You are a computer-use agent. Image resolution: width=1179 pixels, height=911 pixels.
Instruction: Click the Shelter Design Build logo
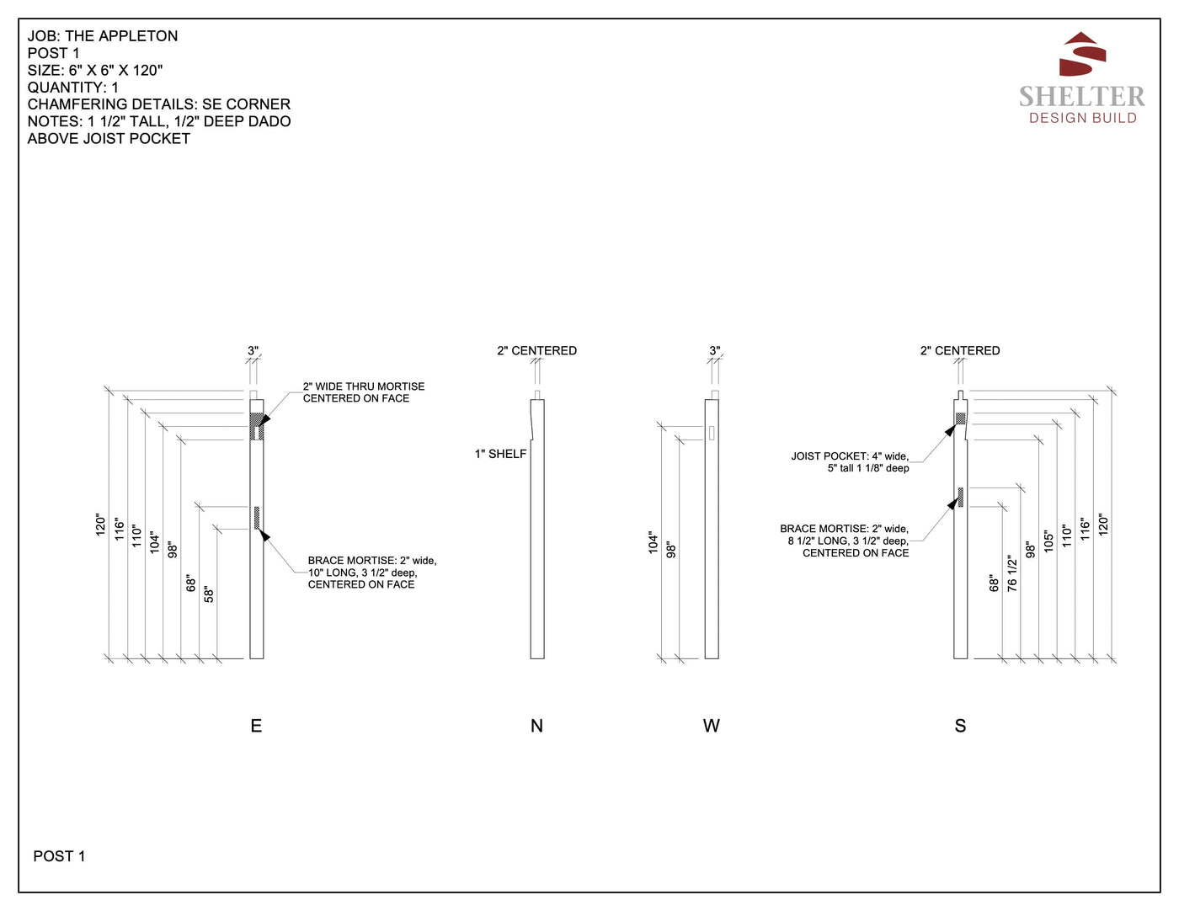pos(1082,77)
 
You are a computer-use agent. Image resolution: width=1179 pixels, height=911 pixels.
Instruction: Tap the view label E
pos(256,726)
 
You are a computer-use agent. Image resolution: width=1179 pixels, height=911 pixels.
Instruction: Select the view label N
pos(536,726)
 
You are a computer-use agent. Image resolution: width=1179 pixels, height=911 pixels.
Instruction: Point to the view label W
pos(712,726)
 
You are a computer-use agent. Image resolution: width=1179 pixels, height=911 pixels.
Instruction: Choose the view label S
pos(960,726)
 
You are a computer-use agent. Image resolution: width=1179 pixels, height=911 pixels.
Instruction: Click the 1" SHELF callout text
pos(500,454)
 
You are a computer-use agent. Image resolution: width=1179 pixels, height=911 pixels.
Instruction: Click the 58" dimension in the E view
pos(209,594)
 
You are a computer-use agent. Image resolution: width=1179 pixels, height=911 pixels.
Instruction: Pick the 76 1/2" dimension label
pos(1012,573)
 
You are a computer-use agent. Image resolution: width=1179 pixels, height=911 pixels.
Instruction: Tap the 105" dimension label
pos(1048,541)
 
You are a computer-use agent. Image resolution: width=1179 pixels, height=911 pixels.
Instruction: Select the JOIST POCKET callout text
pos(850,462)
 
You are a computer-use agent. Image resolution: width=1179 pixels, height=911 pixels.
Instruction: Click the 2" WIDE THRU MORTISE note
pos(364,392)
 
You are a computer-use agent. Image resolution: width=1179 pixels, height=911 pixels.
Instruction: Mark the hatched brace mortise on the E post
pos(257,518)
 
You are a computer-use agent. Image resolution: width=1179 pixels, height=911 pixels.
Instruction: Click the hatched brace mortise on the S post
pos(960,498)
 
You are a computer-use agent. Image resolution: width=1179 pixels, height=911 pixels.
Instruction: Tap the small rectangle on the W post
pos(712,433)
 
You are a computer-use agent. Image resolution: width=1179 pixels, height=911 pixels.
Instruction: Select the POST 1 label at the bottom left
pos(59,856)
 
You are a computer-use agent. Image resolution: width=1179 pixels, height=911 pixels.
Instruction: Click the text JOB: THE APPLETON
pos(103,36)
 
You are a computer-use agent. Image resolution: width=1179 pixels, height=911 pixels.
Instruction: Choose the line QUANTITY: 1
pos(72,88)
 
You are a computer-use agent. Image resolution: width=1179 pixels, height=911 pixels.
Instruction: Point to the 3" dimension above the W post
pos(715,350)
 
